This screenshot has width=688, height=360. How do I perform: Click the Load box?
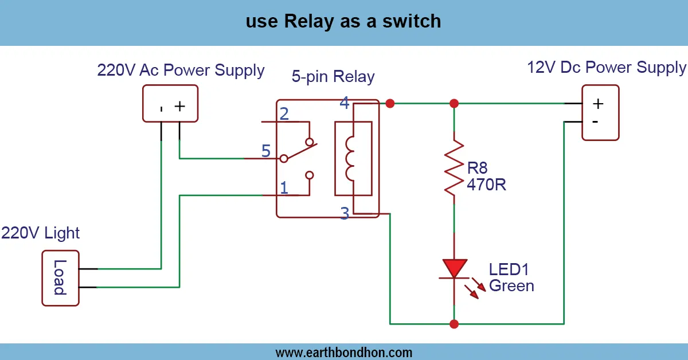tap(60, 277)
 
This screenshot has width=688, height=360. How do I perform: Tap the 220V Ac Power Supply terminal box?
tap(170, 103)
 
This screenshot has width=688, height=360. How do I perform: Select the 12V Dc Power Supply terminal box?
tap(600, 112)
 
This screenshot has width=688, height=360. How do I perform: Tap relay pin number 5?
tap(266, 151)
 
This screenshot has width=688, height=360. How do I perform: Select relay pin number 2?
tap(284, 114)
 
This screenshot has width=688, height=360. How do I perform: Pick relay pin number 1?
tap(284, 187)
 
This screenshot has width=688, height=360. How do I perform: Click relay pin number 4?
tap(344, 103)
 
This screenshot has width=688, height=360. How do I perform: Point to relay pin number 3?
tap(344, 214)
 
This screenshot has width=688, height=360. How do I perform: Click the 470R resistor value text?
tap(487, 185)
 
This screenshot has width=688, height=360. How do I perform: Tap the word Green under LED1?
tap(511, 285)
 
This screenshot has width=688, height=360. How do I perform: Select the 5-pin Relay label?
tap(333, 77)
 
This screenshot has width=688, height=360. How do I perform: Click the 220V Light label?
tap(40, 233)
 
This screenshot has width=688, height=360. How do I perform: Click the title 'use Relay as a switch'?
tap(343, 22)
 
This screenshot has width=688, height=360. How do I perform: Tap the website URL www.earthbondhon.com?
tap(343, 352)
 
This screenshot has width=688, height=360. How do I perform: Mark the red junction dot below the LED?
tap(454, 324)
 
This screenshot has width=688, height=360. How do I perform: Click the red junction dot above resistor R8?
tap(454, 103)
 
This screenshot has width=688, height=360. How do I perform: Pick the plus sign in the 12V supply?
tap(598, 103)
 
